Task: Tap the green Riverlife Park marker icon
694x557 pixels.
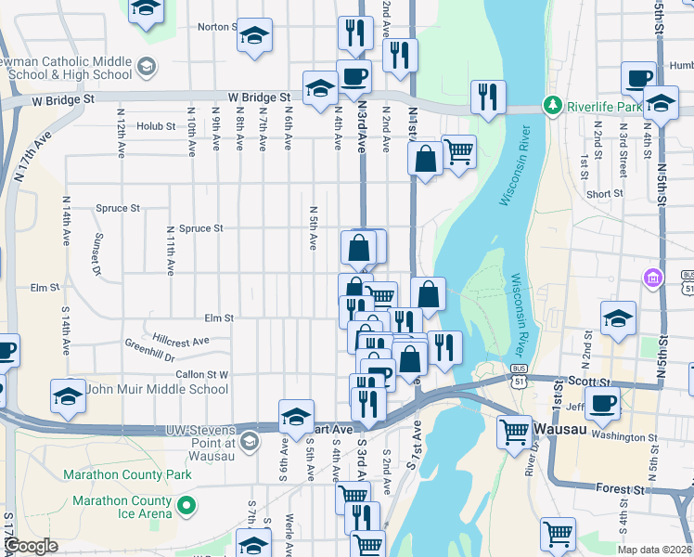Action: pyautogui.click(x=553, y=105)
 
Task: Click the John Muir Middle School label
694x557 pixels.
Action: pyautogui.click(x=156, y=389)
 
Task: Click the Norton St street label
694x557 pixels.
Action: pyautogui.click(x=213, y=27)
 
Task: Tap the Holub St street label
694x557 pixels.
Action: pyautogui.click(x=157, y=125)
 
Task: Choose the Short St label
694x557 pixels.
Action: pyautogui.click(x=605, y=194)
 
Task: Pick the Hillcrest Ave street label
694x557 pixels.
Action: pyautogui.click(x=181, y=340)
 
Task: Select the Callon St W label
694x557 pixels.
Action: pyautogui.click(x=202, y=374)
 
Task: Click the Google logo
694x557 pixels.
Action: pyautogui.click(x=31, y=547)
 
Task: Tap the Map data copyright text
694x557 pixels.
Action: pyautogui.click(x=653, y=549)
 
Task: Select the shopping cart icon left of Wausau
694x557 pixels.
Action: pyautogui.click(x=514, y=431)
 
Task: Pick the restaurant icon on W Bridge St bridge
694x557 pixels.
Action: pyautogui.click(x=486, y=96)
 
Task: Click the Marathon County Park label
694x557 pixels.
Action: pyautogui.click(x=127, y=474)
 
